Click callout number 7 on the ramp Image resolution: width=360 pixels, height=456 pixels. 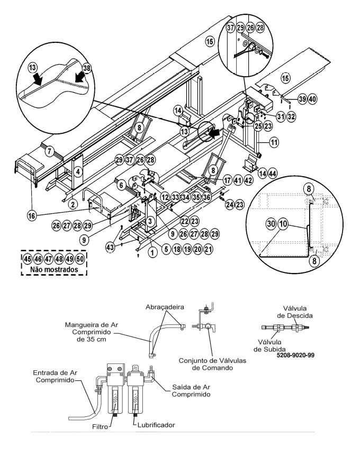pyautogui.click(x=49, y=151)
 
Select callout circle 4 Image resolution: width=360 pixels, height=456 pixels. pyautogui.click(x=78, y=171)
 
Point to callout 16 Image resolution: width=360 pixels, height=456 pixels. pyautogui.click(x=32, y=216)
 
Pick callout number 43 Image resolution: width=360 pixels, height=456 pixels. pyautogui.click(x=110, y=248)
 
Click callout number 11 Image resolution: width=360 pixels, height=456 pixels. pyautogui.click(x=274, y=142)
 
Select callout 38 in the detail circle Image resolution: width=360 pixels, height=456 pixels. pyautogui.click(x=86, y=68)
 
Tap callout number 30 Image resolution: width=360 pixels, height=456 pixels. pyautogui.click(x=271, y=224)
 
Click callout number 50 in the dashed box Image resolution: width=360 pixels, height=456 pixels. pyautogui.click(x=80, y=259)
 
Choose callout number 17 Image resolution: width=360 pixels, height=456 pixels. pyautogui.click(x=227, y=180)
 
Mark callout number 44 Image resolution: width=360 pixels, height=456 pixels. pyautogui.click(x=273, y=174)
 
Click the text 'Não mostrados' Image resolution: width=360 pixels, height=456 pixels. pyautogui.click(x=54, y=269)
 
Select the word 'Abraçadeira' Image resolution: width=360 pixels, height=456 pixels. pyautogui.click(x=165, y=307)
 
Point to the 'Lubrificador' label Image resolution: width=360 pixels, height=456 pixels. pyautogui.click(x=156, y=425)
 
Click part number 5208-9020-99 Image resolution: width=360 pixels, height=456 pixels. pyautogui.click(x=295, y=355)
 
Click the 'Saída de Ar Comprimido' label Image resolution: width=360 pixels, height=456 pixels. pyautogui.click(x=191, y=390)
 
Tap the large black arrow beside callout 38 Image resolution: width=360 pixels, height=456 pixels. pyautogui.click(x=80, y=79)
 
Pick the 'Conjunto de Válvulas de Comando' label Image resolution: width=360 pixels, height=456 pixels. pyautogui.click(x=212, y=364)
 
